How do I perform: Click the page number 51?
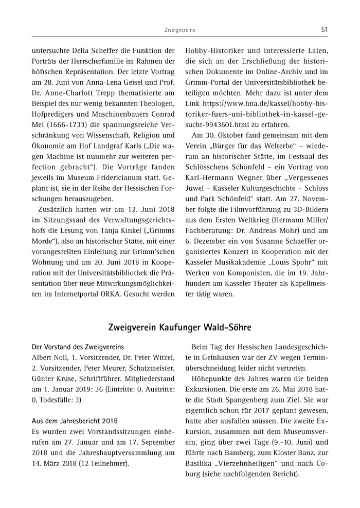(324, 30)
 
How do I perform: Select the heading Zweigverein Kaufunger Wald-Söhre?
(179, 327)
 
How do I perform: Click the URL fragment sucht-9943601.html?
(219, 124)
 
